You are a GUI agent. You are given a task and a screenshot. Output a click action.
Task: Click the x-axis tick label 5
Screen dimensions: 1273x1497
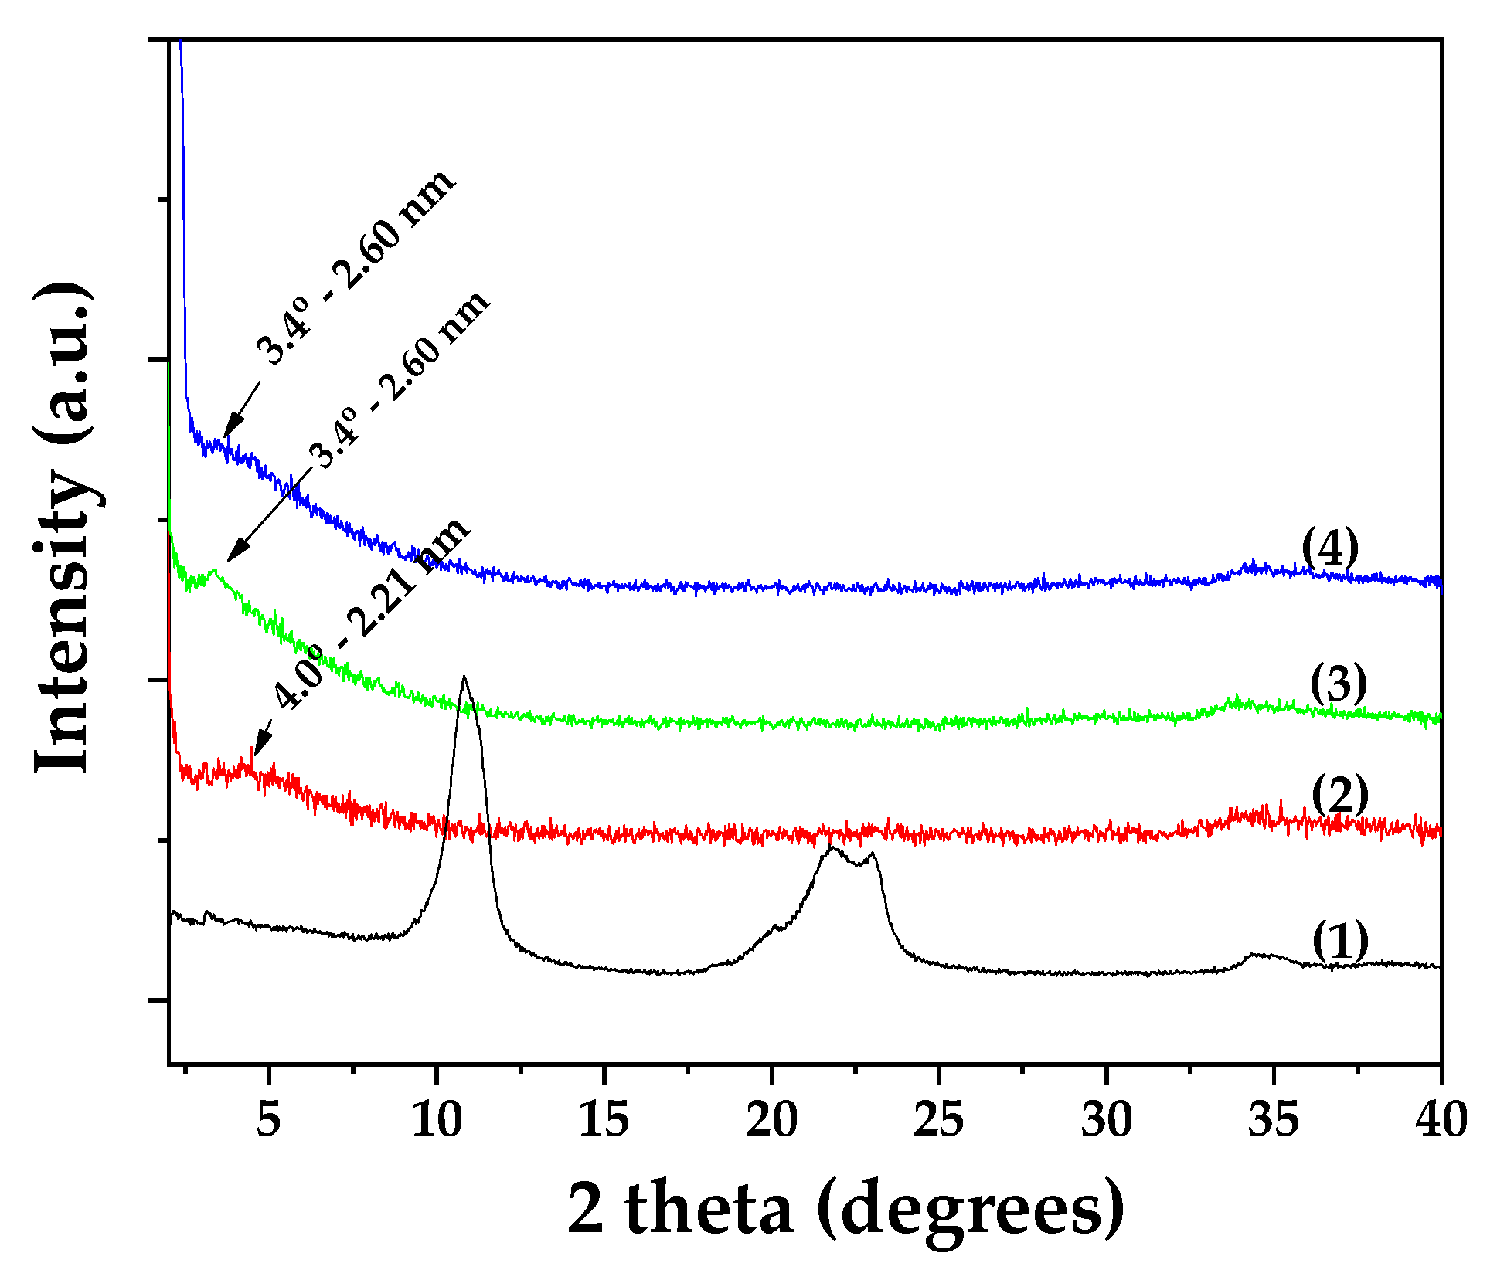tap(267, 1119)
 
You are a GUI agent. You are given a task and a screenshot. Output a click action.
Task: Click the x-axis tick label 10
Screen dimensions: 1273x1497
tap(436, 1119)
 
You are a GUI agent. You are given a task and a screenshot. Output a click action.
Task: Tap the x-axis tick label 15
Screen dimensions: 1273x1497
tap(604, 1119)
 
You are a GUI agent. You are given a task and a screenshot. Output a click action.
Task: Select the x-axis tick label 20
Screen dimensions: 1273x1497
tap(771, 1119)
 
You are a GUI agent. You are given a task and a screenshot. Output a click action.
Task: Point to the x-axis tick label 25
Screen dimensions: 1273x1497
tap(938, 1119)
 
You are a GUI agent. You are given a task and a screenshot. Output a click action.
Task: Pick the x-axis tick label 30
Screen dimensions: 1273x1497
tap(1106, 1119)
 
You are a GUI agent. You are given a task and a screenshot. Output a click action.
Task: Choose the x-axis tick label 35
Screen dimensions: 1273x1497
tap(1273, 1119)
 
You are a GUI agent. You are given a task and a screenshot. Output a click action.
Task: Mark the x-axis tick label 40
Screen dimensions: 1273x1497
tap(1441, 1119)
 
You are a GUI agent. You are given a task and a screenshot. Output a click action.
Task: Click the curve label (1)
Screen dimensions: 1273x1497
tap(1340, 941)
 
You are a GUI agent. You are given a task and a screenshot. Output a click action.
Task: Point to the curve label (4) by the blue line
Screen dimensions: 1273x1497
tap(1330, 548)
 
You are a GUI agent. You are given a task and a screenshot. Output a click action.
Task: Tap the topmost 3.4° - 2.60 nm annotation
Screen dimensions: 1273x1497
tap(356, 266)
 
